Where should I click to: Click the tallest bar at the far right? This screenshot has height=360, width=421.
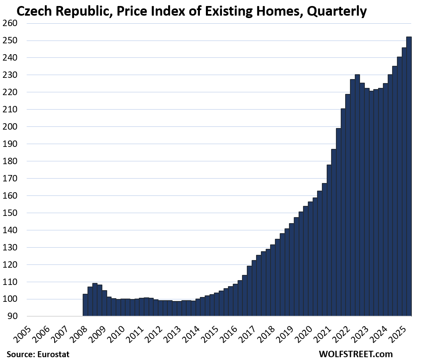(409, 177)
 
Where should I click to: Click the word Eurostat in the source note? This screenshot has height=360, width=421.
(54, 354)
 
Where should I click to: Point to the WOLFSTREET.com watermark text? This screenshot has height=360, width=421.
(356, 354)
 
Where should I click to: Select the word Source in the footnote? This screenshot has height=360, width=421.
(19, 354)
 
